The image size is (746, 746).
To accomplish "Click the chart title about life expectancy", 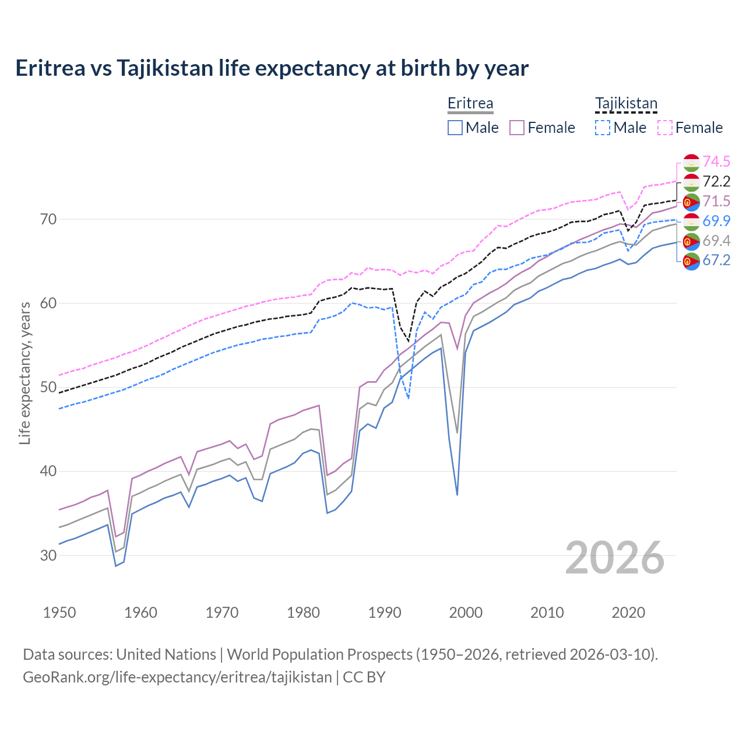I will [272, 68].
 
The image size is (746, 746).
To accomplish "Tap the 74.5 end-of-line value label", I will [716, 161].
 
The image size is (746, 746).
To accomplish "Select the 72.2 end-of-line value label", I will [716, 181].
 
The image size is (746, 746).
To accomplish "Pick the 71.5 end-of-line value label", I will [716, 201].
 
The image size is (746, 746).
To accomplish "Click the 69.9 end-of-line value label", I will [716, 221].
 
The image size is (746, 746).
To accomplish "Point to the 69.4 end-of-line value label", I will [716, 241].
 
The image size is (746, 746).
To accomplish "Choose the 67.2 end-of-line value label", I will [716, 260].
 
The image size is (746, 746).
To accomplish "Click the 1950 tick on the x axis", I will [60, 613].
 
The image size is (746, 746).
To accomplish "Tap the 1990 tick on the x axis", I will [385, 613].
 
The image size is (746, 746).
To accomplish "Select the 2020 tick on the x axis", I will [628, 613].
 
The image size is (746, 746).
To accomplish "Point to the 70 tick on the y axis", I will [48, 220].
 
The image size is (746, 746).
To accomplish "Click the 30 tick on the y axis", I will [48, 555].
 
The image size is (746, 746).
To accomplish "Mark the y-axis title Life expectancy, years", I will [24, 373].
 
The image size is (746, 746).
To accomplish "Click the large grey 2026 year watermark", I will [615, 558].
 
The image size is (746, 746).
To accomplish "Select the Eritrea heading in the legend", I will [470, 104].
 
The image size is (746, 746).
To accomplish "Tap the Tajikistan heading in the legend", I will [626, 104].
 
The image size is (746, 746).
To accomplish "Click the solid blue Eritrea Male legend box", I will [455, 128].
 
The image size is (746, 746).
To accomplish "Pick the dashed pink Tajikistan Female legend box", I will [665, 128].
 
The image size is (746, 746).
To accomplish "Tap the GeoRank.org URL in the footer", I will [177, 677].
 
